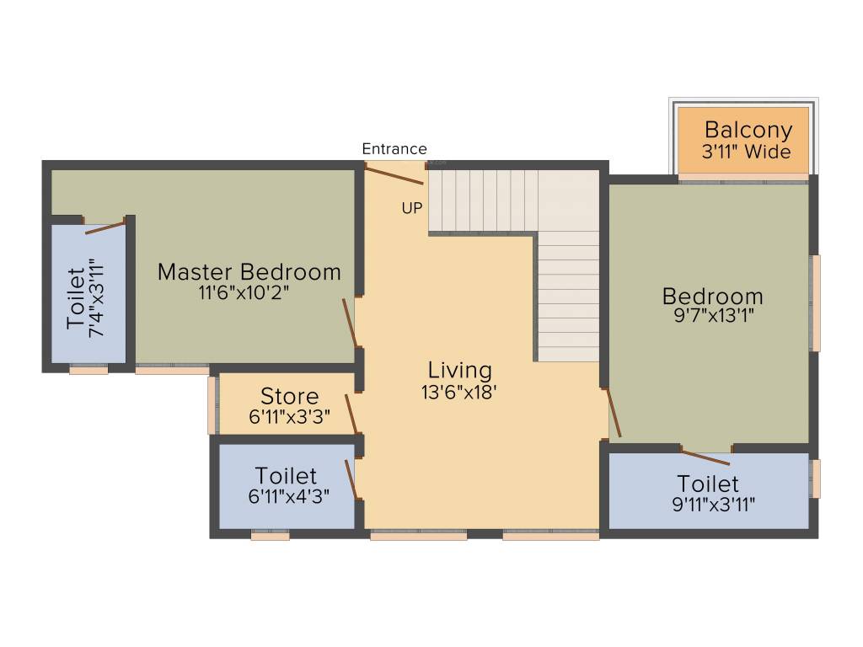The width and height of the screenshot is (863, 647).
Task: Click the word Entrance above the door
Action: pyautogui.click(x=394, y=149)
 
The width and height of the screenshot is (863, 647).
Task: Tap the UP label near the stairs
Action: pyautogui.click(x=411, y=208)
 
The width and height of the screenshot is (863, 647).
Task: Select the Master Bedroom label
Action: pyautogui.click(x=249, y=272)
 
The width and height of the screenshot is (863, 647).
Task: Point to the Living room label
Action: pyautogui.click(x=459, y=370)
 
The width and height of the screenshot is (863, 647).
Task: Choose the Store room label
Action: pyautogui.click(x=289, y=396)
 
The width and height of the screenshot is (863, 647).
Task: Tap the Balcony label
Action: pyautogui.click(x=748, y=131)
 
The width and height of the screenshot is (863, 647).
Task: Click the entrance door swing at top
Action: pyautogui.click(x=393, y=174)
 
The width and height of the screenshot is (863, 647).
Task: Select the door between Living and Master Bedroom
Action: pyautogui.click(x=349, y=322)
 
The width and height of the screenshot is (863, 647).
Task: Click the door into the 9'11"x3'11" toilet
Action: pyautogui.click(x=705, y=457)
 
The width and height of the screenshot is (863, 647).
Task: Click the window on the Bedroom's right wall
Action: pyautogui.click(x=815, y=302)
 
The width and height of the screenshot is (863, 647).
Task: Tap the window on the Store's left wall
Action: pyautogui.click(x=212, y=405)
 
